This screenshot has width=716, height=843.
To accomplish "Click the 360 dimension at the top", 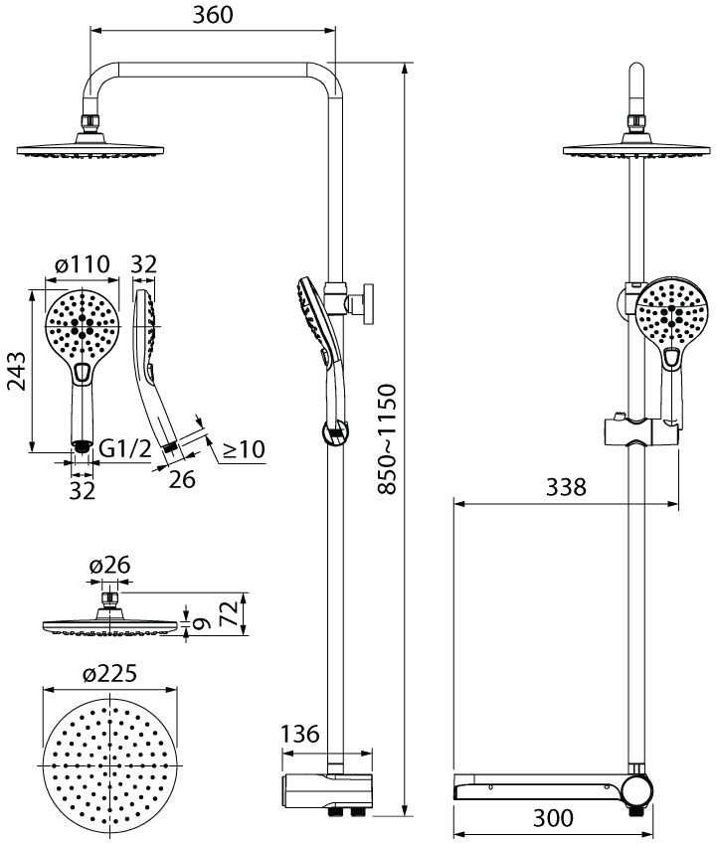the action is coord(213,15).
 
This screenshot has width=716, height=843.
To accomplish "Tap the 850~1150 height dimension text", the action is coord(387,438).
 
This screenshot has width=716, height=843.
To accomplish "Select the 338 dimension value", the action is coord(566,487).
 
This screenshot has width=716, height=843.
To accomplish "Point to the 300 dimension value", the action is coord(553,818).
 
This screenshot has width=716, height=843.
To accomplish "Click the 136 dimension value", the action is coord(300,734).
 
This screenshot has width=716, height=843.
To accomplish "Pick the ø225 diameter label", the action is coord(109,673).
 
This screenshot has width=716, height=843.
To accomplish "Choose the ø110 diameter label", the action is coord(83,264).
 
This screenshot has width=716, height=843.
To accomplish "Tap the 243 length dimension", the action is coord(16,371).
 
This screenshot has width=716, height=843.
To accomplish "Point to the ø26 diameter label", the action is coord(110,565).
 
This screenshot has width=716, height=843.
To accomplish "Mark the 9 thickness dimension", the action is coord(200,624).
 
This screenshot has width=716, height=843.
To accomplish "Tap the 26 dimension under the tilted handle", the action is coord(182,479).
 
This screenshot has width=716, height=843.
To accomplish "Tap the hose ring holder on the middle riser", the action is coord(335,432).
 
